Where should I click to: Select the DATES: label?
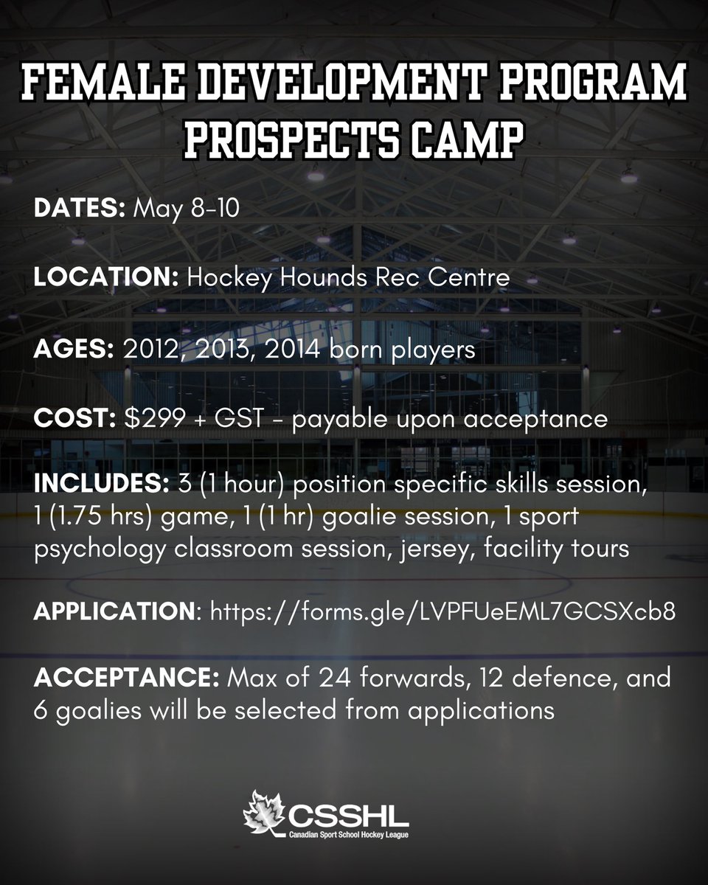pyautogui.click(x=80, y=209)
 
